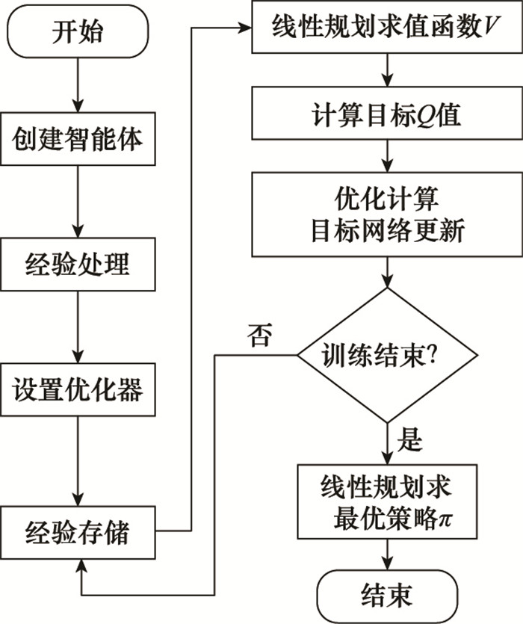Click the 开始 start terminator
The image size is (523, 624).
point(78,32)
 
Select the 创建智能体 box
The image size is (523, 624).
point(78,140)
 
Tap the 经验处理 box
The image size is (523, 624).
point(78,265)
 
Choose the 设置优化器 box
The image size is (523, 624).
point(78,390)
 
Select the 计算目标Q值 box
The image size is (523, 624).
point(386,115)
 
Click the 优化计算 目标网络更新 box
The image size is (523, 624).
point(386,214)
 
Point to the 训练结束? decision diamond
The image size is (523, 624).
point(386,353)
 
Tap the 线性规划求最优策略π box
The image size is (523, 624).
point(386,501)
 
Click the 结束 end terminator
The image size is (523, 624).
point(386,596)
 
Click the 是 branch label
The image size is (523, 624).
point(410,442)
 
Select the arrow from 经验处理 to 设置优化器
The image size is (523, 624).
point(78,327)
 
